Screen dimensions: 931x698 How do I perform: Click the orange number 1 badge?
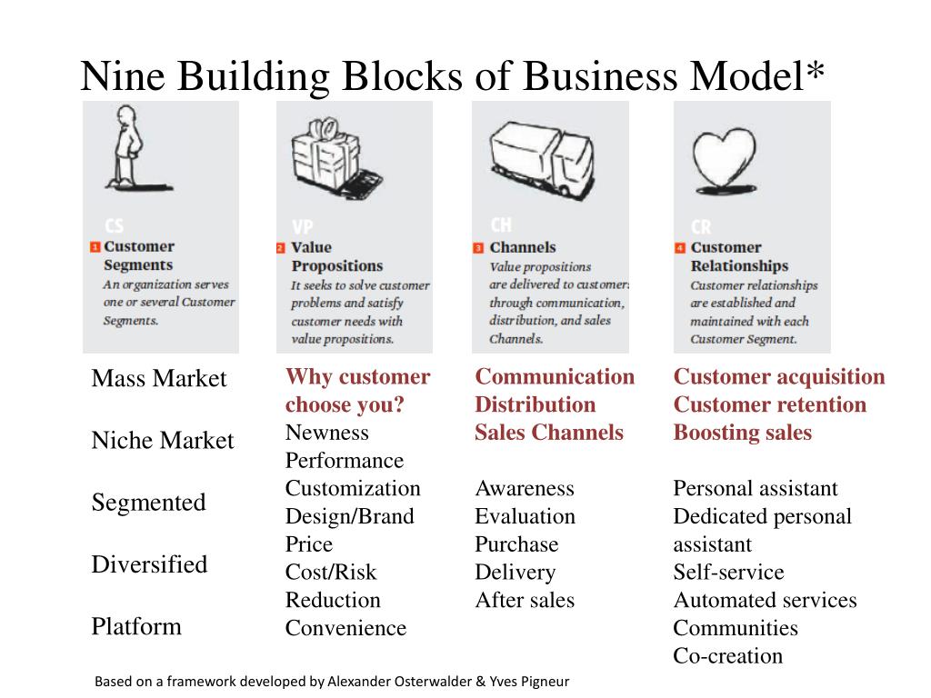tap(95, 246)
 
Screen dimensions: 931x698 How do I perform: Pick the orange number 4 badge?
tap(679, 247)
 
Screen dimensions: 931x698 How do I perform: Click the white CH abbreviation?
tap(501, 224)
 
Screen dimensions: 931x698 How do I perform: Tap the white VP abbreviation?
tap(303, 226)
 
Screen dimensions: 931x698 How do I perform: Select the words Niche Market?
tap(162, 441)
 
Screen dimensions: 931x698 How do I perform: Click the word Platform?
tap(135, 626)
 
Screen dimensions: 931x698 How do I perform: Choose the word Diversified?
tap(149, 564)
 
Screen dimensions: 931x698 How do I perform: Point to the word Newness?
tap(326, 433)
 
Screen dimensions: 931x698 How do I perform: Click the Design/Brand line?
tap(349, 516)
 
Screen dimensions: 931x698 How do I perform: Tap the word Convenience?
tap(345, 628)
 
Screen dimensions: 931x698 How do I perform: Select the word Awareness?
tap(525, 488)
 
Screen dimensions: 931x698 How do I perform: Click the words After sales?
tap(525, 600)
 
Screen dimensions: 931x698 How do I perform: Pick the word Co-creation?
tap(727, 656)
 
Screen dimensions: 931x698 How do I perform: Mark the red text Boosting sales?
tap(742, 433)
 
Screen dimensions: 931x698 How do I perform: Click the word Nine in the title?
tap(123, 76)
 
